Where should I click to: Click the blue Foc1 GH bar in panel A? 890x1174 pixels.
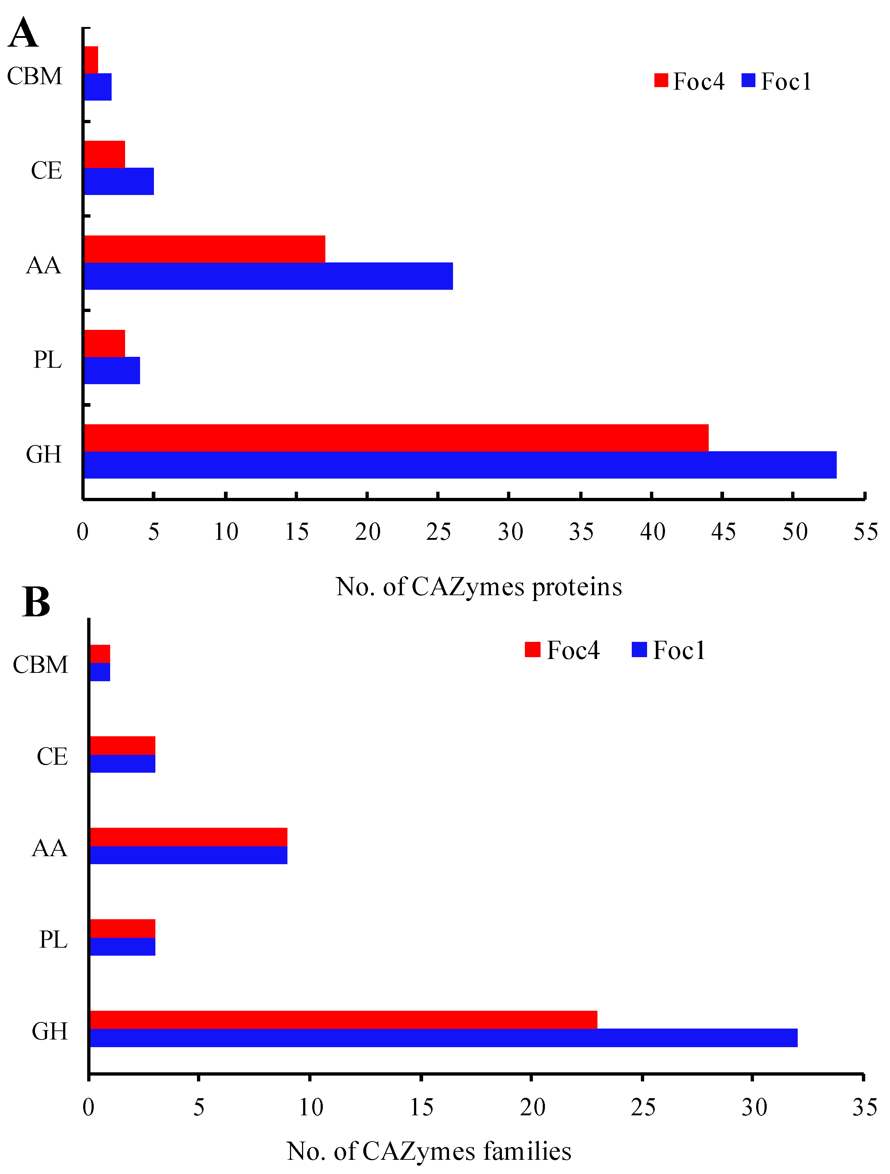[x=460, y=465]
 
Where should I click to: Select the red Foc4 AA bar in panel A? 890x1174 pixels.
[x=205, y=249]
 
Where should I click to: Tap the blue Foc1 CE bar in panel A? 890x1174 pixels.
[x=119, y=182]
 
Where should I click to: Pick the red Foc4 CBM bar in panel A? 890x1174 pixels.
[x=91, y=59]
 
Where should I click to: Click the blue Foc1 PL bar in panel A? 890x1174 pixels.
[x=112, y=370]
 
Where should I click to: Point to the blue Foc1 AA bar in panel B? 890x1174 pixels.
[x=189, y=855]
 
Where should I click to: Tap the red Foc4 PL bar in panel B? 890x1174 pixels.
[x=123, y=928]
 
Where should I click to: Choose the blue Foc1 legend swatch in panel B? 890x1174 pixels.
[x=639, y=650]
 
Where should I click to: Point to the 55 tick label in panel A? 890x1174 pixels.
[x=865, y=532]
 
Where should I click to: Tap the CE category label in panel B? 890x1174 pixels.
[x=52, y=756]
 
